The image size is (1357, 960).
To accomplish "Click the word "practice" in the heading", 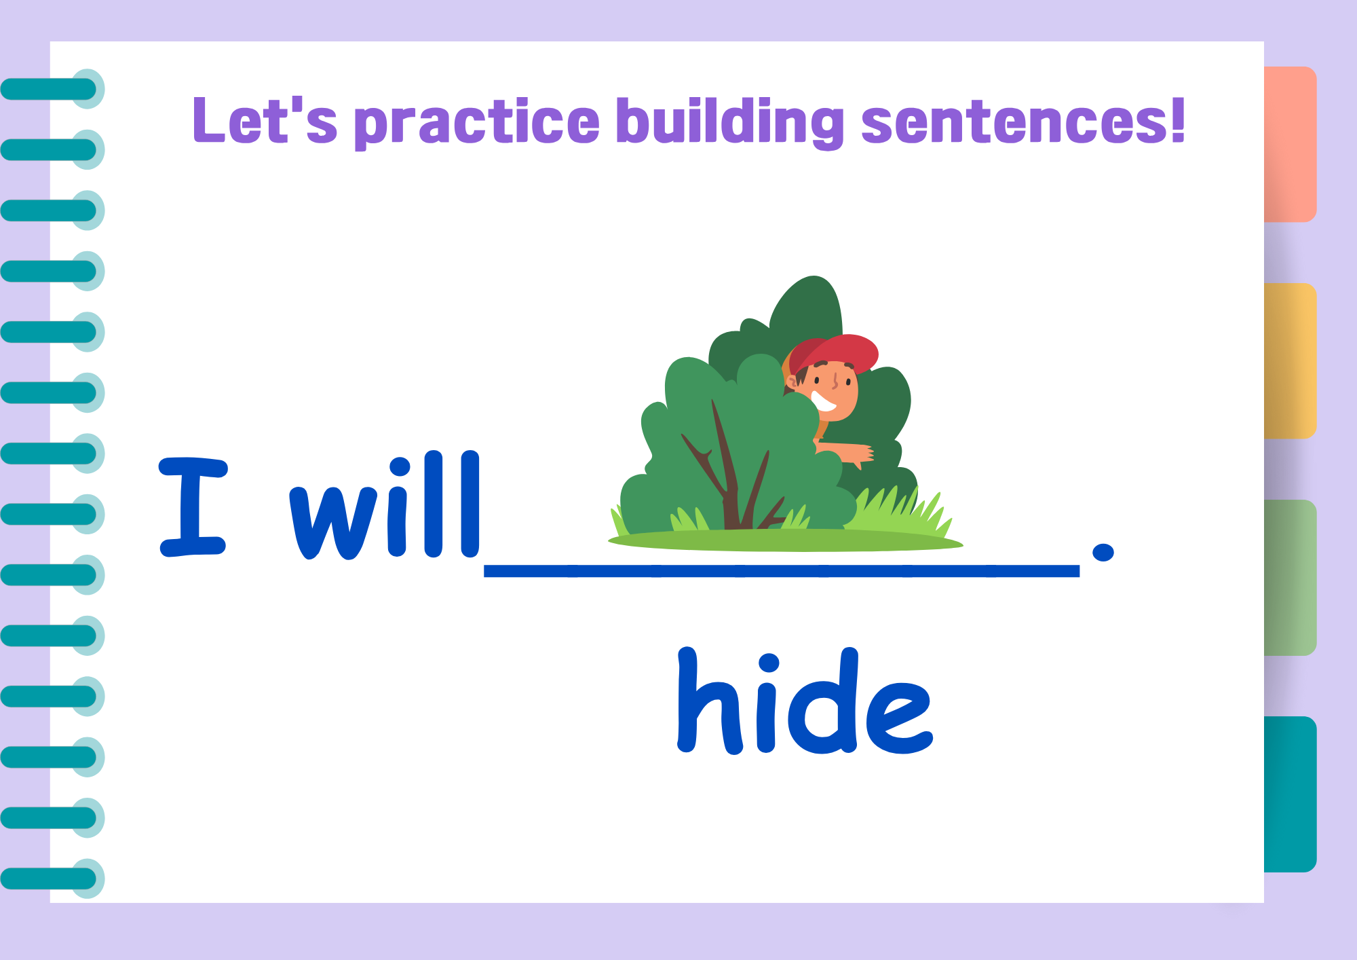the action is (x=477, y=122).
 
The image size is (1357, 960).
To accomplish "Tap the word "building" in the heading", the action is (x=730, y=122).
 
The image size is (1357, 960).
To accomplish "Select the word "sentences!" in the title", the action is (x=1023, y=120).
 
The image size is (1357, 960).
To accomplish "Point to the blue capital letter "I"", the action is (x=193, y=506).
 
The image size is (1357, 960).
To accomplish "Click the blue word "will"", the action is (x=385, y=505).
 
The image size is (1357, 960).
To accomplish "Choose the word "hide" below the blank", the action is (x=805, y=701).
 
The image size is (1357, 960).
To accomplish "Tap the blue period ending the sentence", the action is (x=1103, y=552).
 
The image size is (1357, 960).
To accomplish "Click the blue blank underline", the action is (x=782, y=571).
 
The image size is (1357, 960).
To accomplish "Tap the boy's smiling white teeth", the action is (x=823, y=401).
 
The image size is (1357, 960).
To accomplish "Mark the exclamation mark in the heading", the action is (x=1177, y=119).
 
